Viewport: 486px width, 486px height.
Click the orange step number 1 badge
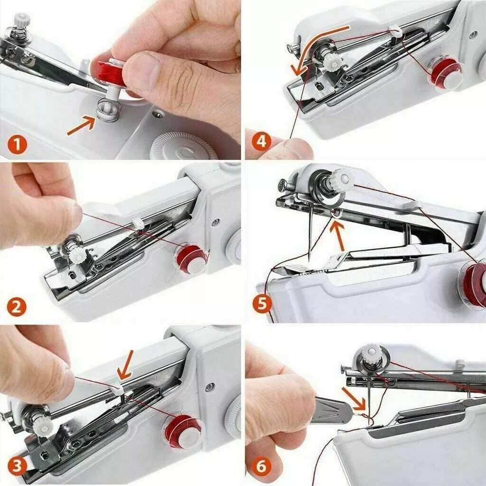(x=17, y=143)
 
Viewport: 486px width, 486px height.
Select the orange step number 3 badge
(x=17, y=467)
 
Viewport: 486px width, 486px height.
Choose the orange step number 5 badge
(x=262, y=303)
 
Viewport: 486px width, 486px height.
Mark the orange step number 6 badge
(x=262, y=467)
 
